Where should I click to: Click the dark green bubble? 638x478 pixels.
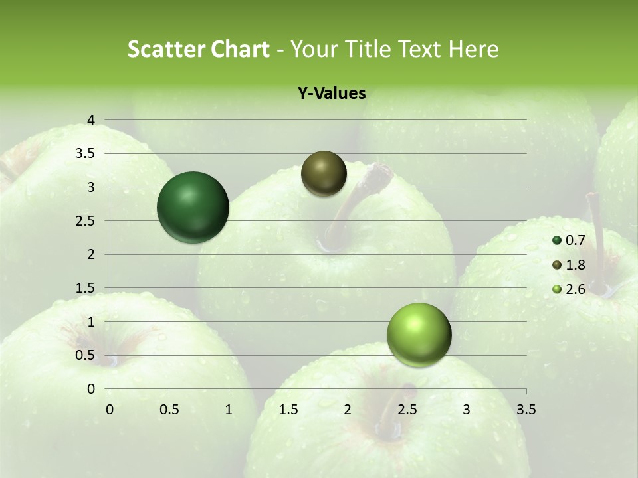pyautogui.click(x=193, y=207)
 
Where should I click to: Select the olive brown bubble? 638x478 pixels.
pyautogui.click(x=324, y=173)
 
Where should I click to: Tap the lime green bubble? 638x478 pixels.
pyautogui.click(x=419, y=335)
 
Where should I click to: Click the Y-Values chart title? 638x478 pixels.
pyautogui.click(x=332, y=94)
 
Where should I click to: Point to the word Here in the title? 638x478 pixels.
pyautogui.click(x=473, y=49)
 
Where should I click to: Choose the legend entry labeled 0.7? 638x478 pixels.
pyautogui.click(x=569, y=240)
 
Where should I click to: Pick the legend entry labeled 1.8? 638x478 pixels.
pyautogui.click(x=569, y=265)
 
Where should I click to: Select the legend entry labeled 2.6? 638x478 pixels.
pyautogui.click(x=569, y=289)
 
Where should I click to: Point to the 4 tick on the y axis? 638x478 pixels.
pyautogui.click(x=92, y=120)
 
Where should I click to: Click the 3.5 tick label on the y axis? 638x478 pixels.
pyautogui.click(x=86, y=153)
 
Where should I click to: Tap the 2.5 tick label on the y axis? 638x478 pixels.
pyautogui.click(x=86, y=220)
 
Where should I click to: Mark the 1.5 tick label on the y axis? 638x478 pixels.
pyautogui.click(x=86, y=288)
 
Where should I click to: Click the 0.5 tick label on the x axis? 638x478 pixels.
pyautogui.click(x=169, y=410)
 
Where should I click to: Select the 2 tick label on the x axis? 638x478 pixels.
pyautogui.click(x=348, y=410)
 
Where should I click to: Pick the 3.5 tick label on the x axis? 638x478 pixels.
pyautogui.click(x=526, y=410)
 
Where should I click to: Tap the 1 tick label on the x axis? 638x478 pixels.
pyautogui.click(x=229, y=410)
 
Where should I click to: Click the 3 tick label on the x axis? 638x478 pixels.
pyautogui.click(x=467, y=410)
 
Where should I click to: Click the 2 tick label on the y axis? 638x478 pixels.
pyautogui.click(x=92, y=254)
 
